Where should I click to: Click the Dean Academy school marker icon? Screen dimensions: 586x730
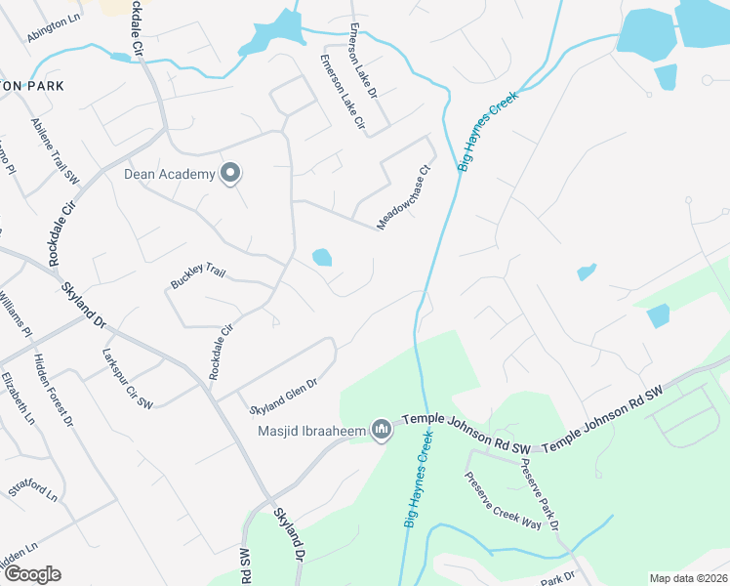click(x=231, y=174)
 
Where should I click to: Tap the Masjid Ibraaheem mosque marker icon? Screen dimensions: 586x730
click(x=382, y=430)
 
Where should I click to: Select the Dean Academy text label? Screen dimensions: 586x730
click(x=168, y=175)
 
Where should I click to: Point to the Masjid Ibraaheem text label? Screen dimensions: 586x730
click(x=311, y=431)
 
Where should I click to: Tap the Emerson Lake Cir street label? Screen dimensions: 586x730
click(x=343, y=93)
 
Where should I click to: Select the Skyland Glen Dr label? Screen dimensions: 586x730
click(x=284, y=396)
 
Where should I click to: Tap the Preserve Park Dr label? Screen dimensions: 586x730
click(x=538, y=493)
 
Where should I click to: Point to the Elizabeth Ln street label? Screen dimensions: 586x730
click(x=18, y=398)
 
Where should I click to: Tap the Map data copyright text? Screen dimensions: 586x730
click(x=688, y=578)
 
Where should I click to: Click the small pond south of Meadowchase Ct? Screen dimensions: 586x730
click(x=321, y=258)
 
